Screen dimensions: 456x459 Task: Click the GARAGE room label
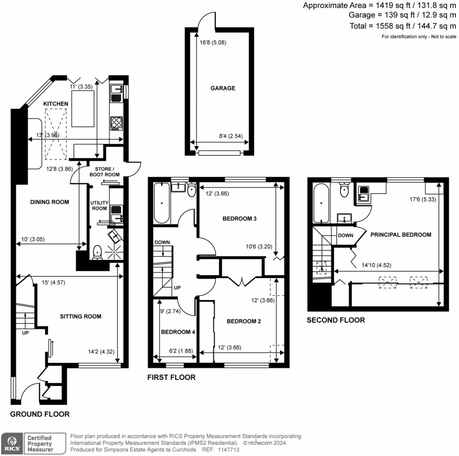point(223,88)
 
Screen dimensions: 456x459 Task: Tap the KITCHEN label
point(56,104)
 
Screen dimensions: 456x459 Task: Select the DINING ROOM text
point(50,202)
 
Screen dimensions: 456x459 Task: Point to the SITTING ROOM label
point(81,316)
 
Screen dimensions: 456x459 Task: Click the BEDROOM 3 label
point(239,219)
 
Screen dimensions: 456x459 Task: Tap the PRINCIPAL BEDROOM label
point(401,234)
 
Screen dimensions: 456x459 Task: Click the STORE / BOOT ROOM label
point(107,172)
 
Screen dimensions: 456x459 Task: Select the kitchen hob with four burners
point(116,123)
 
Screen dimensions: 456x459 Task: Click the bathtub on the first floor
point(161,203)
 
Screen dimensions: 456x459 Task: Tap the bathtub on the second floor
point(321,204)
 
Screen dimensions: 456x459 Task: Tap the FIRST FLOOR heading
point(171,377)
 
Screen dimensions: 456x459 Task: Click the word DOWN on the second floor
point(346,235)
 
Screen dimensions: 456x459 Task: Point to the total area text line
point(403,26)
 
